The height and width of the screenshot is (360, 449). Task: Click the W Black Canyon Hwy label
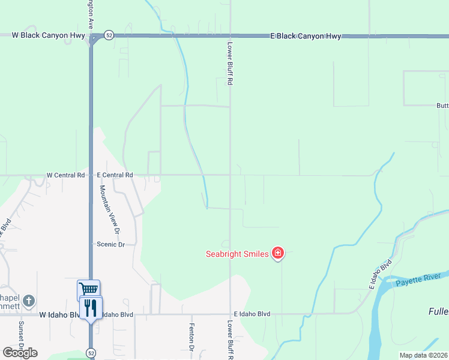[49, 35]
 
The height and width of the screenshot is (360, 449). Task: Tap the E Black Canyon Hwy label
[306, 36]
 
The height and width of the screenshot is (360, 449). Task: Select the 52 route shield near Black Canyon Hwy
[107, 35]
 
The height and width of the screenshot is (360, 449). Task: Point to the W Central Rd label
[65, 175]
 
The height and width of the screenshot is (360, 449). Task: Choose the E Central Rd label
[115, 175]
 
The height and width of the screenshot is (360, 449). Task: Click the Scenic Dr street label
[110, 244]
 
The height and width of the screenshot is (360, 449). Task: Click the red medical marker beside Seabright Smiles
[277, 253]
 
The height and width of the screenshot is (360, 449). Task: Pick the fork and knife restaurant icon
[91, 307]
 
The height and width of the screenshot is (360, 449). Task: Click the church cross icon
[29, 300]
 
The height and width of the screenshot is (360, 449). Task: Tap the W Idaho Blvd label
[59, 314]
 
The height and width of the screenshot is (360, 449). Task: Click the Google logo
[20, 352]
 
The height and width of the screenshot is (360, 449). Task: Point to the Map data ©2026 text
[423, 355]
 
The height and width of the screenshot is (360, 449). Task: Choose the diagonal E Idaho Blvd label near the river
[381, 274]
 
